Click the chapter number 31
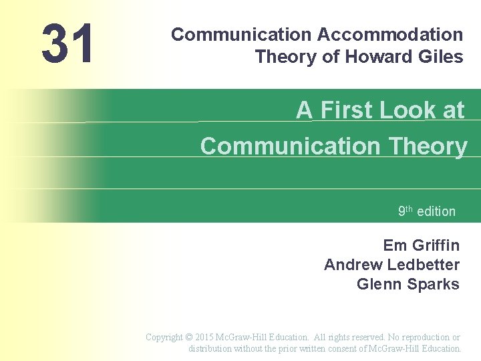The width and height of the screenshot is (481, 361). point(67,45)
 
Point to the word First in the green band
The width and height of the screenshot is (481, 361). point(346,110)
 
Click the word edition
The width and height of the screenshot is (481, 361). point(436,211)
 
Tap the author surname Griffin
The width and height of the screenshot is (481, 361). point(435,245)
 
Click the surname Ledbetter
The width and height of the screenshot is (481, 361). point(424,265)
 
